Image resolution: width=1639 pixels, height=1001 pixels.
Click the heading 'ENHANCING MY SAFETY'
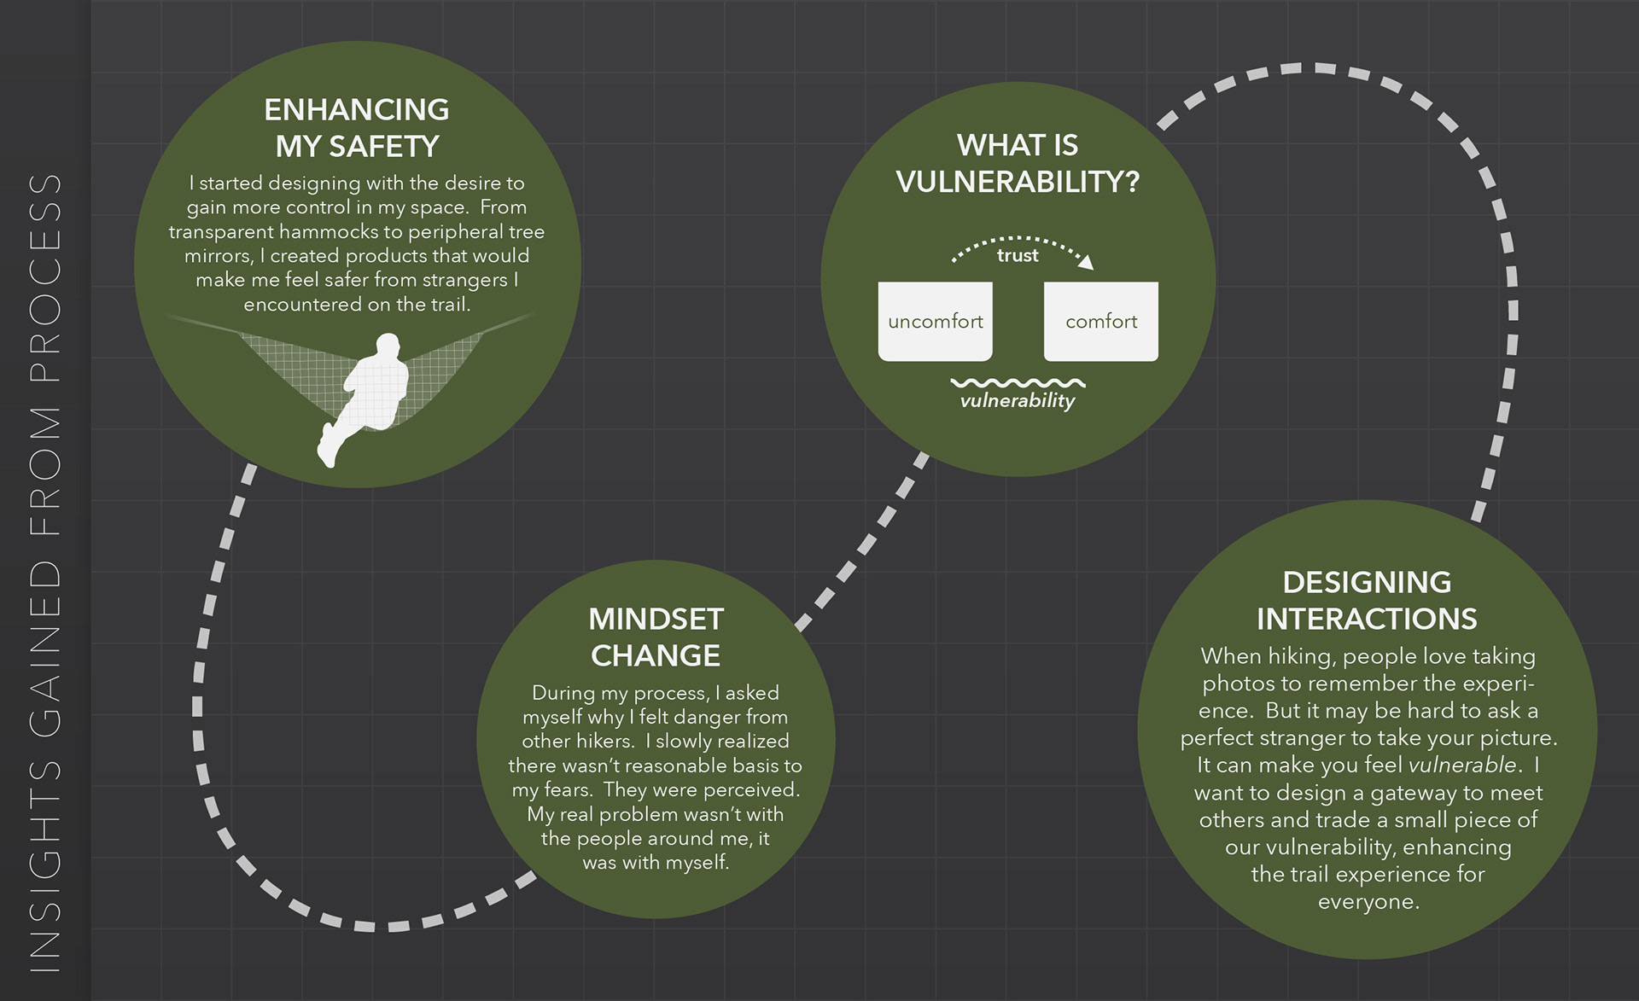click(357, 128)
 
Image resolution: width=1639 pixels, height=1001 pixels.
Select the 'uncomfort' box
click(935, 322)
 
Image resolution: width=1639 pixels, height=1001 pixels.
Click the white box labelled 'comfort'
click(1101, 322)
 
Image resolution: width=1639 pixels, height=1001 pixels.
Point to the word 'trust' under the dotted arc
click(1018, 255)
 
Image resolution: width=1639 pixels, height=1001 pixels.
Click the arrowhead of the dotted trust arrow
click(1086, 263)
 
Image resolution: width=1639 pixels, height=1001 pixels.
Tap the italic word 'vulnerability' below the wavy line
click(1018, 400)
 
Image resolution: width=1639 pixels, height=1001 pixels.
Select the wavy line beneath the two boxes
click(1018, 383)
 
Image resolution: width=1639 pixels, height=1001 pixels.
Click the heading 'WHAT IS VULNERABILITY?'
click(1018, 163)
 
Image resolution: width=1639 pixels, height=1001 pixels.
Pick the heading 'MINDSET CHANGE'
click(656, 637)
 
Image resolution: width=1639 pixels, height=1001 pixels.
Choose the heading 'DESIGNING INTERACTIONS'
click(1367, 600)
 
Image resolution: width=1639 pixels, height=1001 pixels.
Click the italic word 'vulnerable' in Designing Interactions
click(1462, 765)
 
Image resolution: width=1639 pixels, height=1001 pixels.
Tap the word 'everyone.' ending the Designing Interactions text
click(1368, 902)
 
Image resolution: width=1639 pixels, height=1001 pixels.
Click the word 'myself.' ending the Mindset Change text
click(697, 863)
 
